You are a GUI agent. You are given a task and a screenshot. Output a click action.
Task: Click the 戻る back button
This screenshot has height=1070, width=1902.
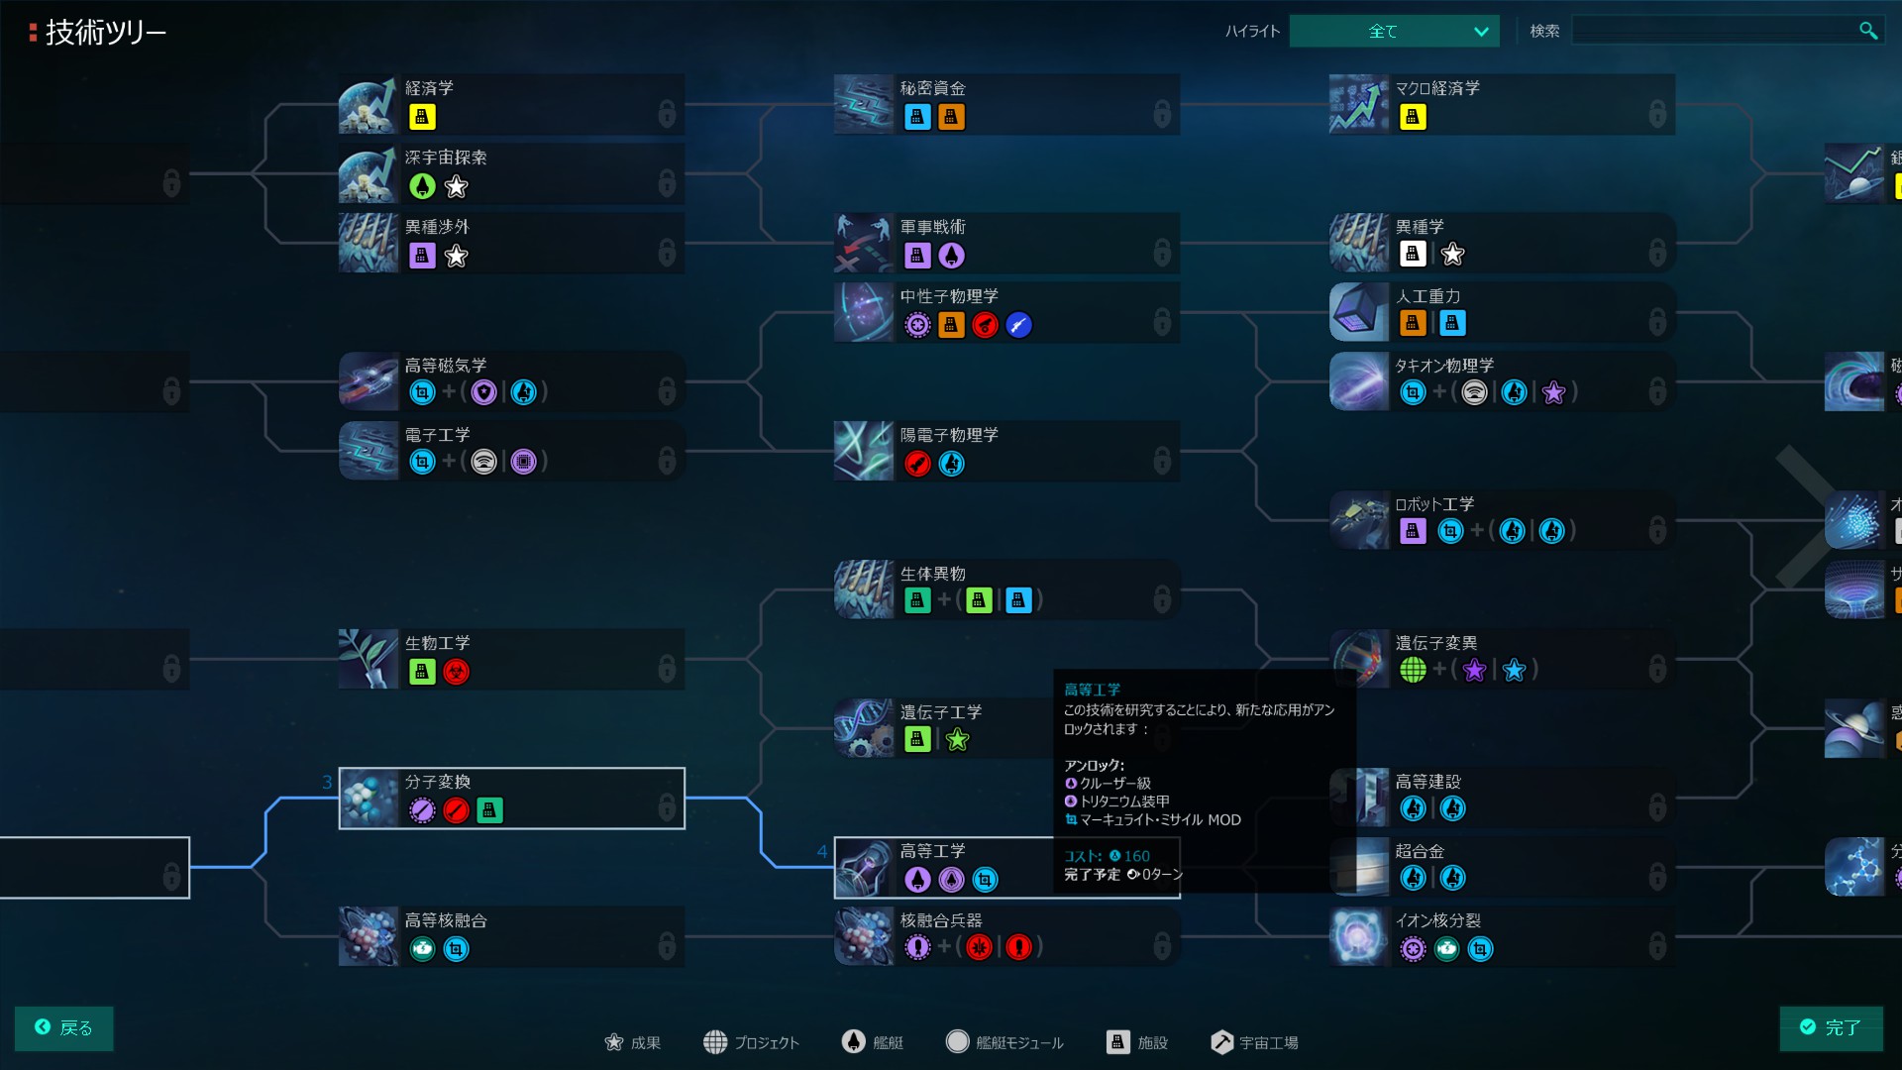[x=63, y=1027]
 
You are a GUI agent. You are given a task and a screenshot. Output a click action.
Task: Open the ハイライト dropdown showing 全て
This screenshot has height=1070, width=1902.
[x=1394, y=31]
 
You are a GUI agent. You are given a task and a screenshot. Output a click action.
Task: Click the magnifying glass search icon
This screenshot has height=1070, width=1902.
[x=1867, y=31]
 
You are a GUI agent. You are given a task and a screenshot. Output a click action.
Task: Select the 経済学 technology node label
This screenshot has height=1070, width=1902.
[x=429, y=88]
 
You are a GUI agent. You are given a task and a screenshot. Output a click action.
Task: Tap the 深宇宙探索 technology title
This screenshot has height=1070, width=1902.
[x=446, y=158]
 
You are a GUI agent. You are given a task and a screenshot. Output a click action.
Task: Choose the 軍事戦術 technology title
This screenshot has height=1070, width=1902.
[x=932, y=227]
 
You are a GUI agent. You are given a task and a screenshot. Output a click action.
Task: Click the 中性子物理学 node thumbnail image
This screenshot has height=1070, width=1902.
[x=863, y=312]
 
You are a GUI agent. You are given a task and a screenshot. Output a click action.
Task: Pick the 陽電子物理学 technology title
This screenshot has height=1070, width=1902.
[x=949, y=435]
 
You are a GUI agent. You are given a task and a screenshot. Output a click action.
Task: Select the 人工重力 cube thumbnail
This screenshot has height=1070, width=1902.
[x=1358, y=312]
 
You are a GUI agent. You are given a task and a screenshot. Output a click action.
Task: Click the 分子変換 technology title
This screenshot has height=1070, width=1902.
[x=437, y=782]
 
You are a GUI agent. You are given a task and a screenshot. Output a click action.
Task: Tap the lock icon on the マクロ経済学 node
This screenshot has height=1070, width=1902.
[x=1656, y=114]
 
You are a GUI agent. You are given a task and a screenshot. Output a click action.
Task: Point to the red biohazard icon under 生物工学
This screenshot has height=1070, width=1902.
[x=456, y=672]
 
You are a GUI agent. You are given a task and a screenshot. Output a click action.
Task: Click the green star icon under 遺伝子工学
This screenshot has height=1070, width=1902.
[x=957, y=740]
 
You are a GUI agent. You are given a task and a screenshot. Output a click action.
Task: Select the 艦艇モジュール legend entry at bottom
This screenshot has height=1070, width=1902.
[x=1004, y=1042]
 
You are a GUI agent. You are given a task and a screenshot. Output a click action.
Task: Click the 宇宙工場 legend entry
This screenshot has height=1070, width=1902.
[x=1254, y=1042]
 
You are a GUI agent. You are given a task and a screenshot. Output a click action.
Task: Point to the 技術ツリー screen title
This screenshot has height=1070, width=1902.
[x=105, y=33]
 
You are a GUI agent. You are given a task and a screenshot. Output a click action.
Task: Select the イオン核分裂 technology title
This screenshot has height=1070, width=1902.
[x=1437, y=920]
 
